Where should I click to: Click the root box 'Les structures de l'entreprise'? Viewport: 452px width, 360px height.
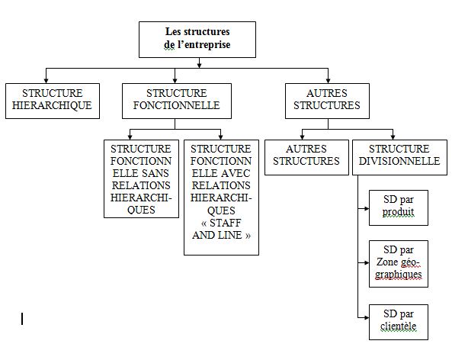197,39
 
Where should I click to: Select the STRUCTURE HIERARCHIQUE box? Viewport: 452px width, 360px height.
52,100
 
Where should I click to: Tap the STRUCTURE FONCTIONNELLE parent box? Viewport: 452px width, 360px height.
176,100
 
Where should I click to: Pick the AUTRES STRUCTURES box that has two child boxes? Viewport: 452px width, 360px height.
326,100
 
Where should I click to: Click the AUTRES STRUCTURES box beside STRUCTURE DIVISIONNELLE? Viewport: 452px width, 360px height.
306,156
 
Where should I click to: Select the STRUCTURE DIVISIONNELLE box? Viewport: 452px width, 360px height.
399,156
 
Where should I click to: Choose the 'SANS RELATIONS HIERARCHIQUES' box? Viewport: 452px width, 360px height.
142,178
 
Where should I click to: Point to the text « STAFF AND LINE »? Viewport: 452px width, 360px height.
221,230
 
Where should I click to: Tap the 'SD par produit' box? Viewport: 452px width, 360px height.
399,206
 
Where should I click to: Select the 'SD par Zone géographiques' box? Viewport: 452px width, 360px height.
399,263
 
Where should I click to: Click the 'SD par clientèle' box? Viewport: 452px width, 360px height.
399,321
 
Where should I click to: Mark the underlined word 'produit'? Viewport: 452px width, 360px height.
399,212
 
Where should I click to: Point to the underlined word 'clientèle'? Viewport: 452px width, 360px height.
399,327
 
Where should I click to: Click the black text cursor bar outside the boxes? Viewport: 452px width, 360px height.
22,318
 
